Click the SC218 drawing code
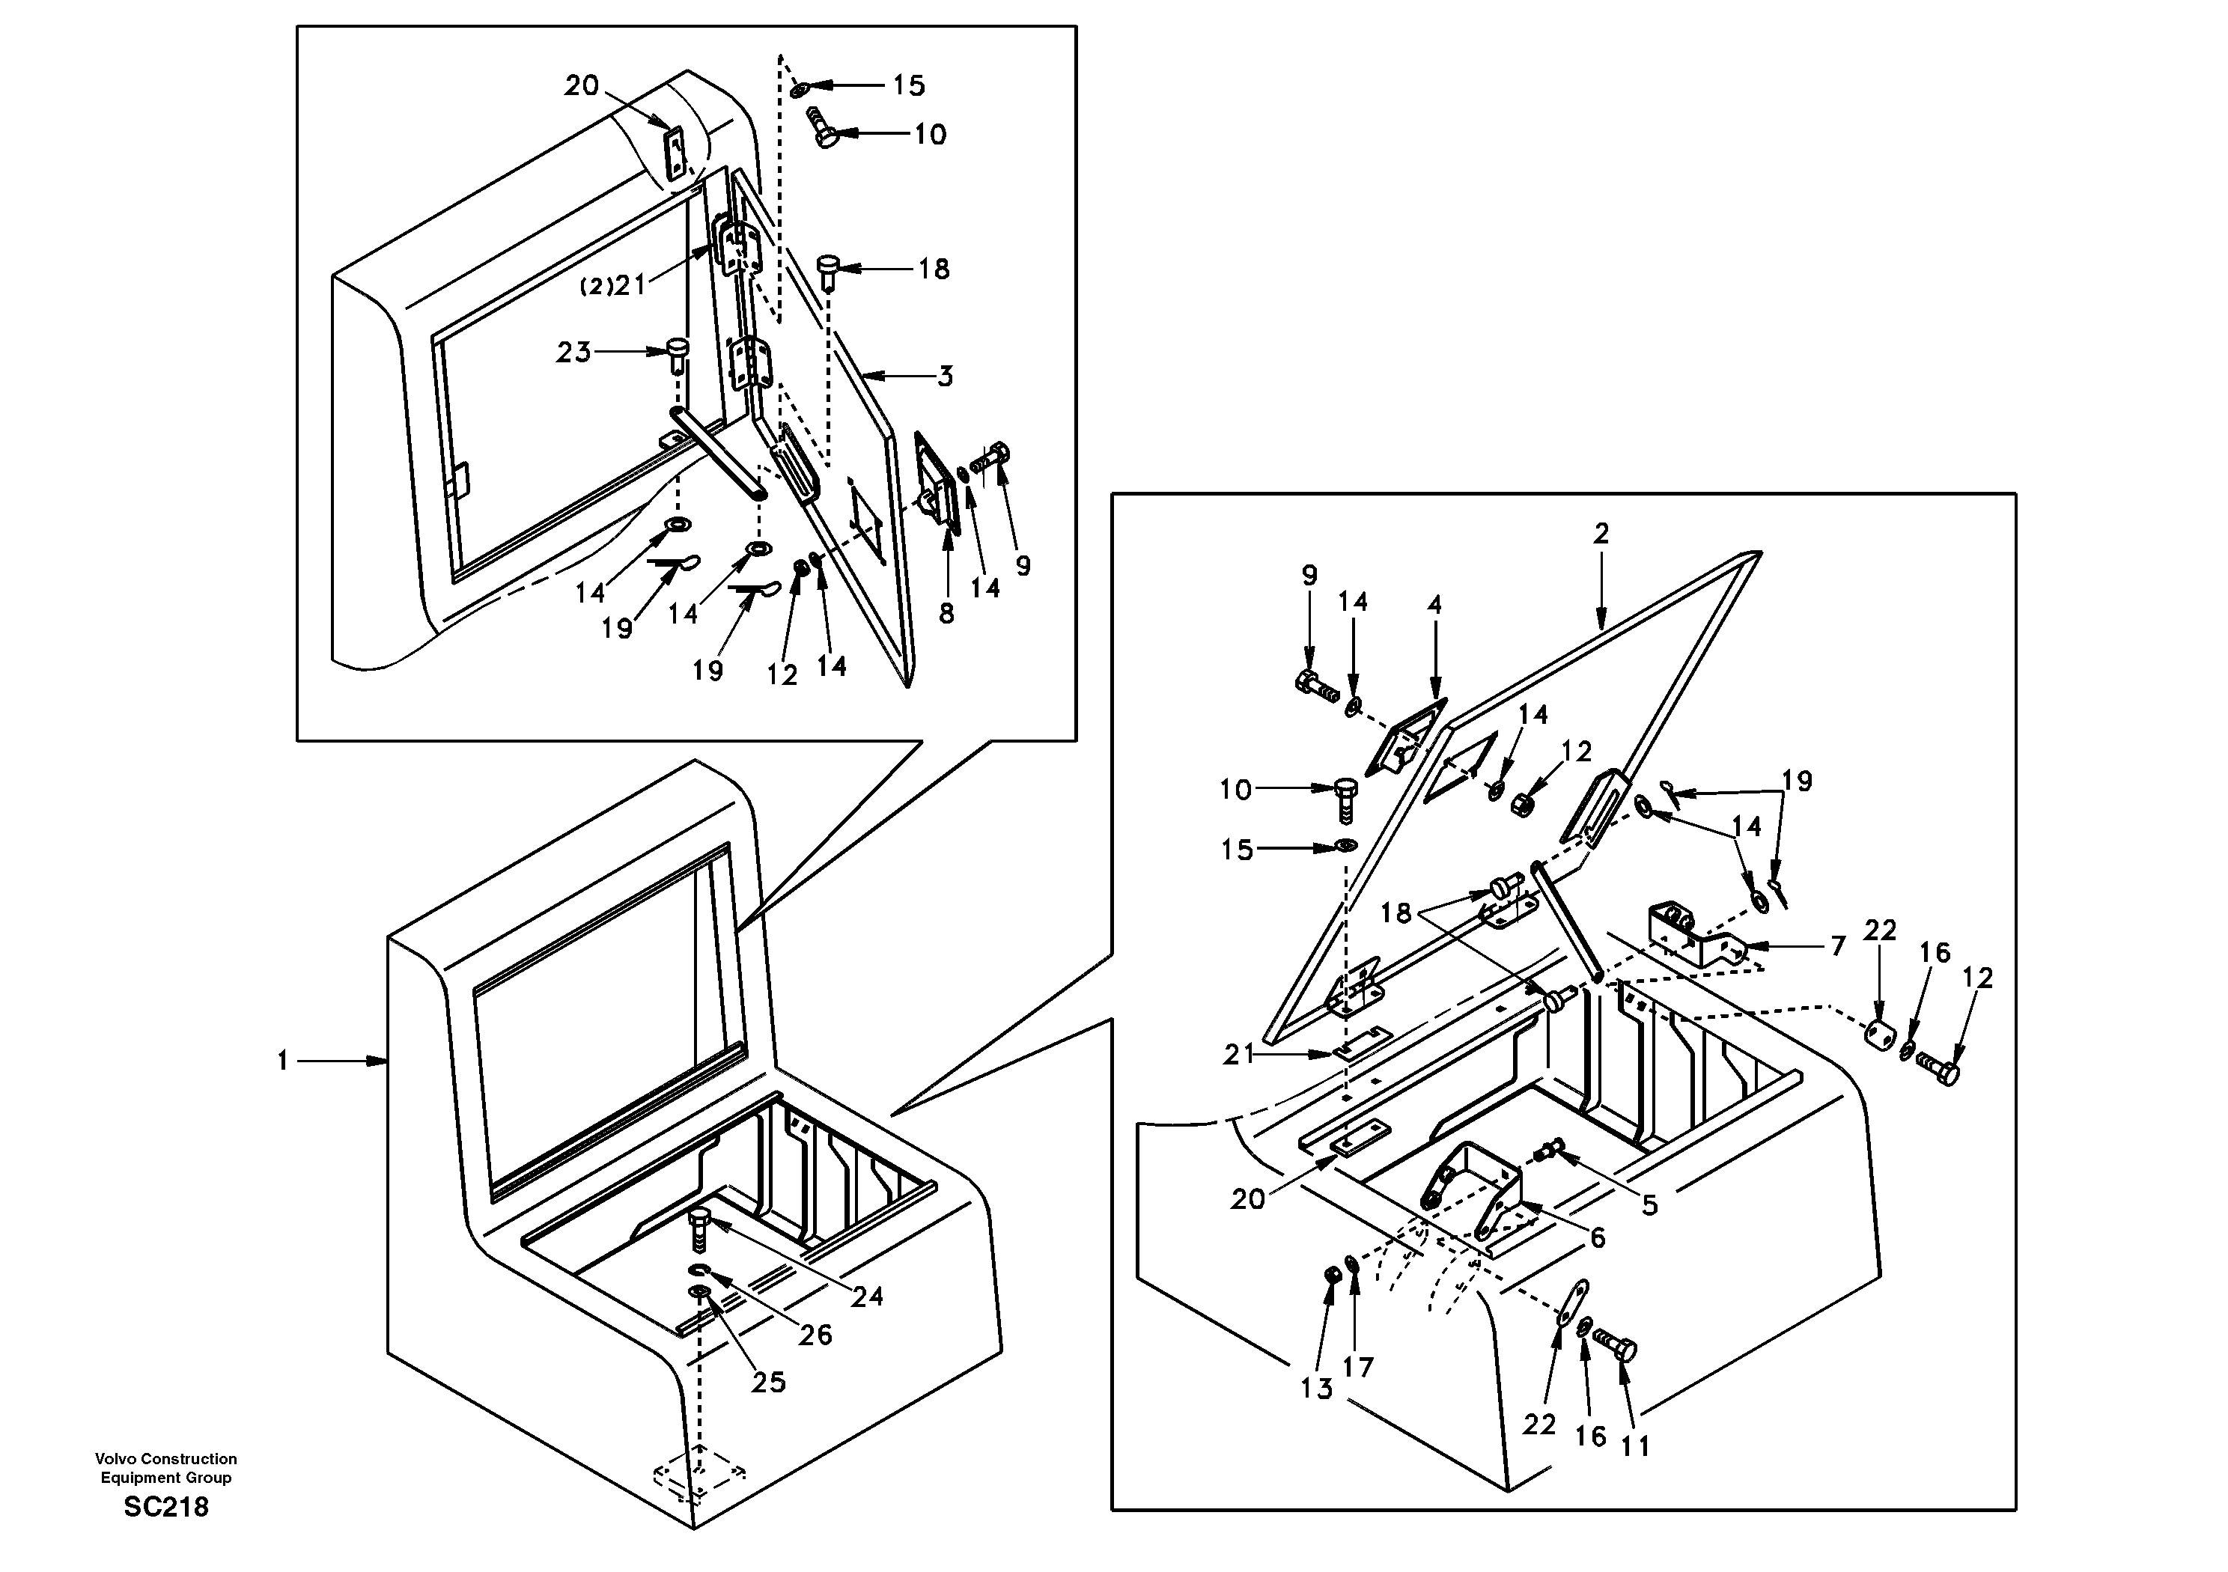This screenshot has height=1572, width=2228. (166, 1507)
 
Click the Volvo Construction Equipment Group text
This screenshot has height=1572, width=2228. (166, 1468)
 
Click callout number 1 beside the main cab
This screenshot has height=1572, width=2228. (282, 1061)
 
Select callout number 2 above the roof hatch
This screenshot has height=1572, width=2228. (1601, 533)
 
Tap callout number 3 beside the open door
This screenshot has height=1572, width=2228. (945, 377)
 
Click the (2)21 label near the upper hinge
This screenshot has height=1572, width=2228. (613, 285)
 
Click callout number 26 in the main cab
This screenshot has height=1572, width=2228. (815, 1335)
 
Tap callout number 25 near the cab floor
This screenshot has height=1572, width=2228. (769, 1382)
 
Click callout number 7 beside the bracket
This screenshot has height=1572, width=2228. (1838, 946)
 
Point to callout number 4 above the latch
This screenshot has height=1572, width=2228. (1435, 606)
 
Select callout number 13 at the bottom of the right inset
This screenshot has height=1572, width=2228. (1317, 1389)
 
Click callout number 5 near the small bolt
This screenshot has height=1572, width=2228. (1649, 1205)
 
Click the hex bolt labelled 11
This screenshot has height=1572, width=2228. (1615, 1347)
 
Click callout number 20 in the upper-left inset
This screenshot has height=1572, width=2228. (582, 85)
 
